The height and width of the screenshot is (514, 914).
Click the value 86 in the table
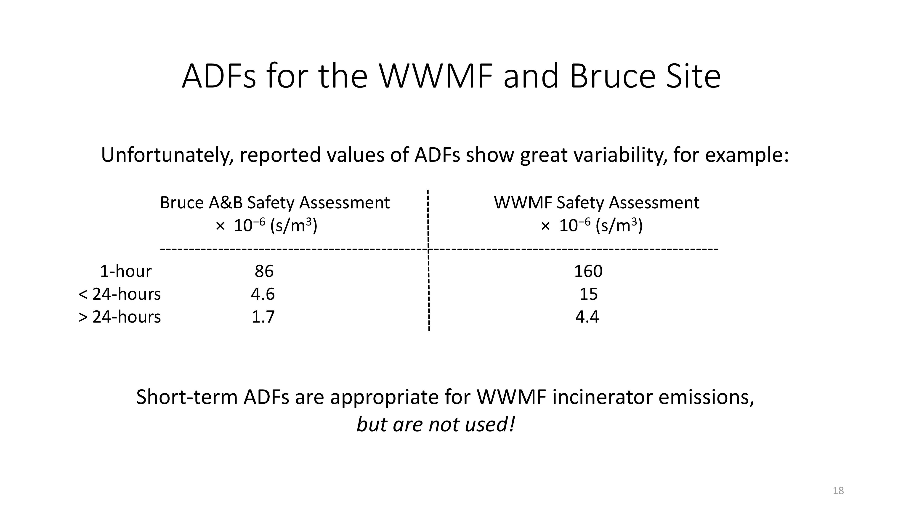coord(264,271)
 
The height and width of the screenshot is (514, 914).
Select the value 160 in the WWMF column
coord(588,271)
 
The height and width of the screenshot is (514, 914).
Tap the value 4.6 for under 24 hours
coord(263,294)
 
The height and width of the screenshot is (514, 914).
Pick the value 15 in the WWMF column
coord(589,294)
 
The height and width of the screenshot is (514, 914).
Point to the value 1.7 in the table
coord(263,317)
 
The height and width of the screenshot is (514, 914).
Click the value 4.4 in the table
coord(587,317)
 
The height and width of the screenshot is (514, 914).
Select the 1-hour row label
coord(126,271)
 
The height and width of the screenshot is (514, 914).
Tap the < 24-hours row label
coord(120,294)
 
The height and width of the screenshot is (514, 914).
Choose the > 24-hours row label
coord(120,317)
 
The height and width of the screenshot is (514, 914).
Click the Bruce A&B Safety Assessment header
coord(275,203)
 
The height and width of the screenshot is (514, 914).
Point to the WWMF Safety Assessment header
coord(596,203)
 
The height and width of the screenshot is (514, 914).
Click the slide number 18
coord(838,491)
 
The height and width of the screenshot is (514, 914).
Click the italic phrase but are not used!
coord(436,425)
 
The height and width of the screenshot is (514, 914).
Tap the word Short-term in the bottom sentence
coord(187,397)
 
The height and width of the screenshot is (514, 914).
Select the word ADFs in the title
coord(219,76)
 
